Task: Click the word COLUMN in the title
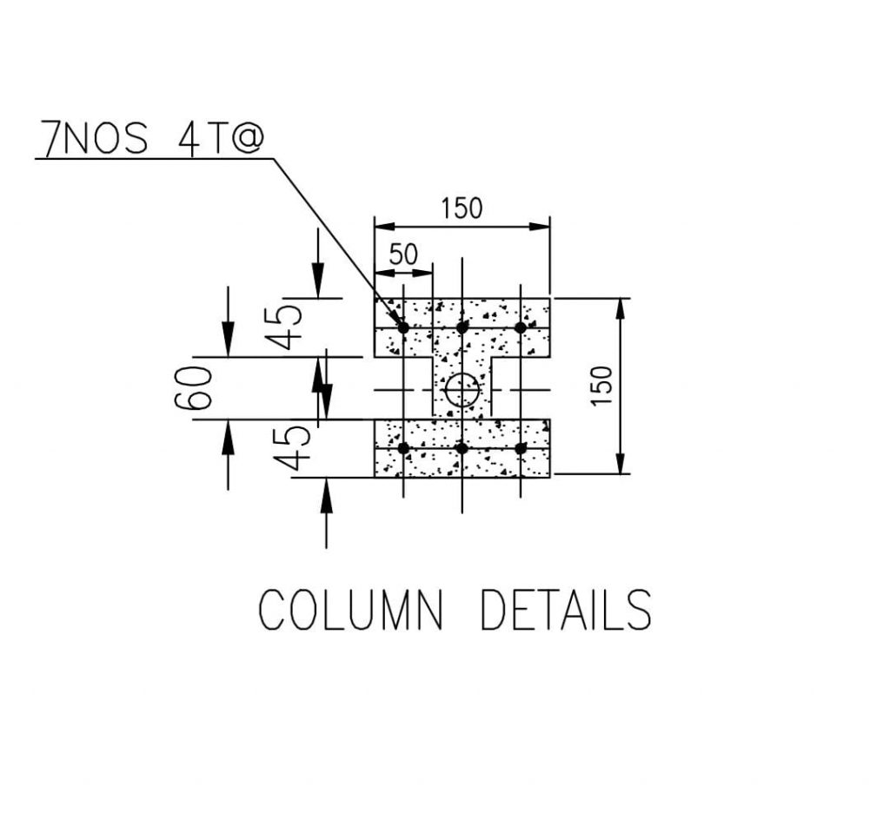click(350, 609)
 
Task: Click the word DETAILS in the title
click(566, 609)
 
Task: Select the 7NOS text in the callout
click(96, 138)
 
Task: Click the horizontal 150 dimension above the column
click(462, 208)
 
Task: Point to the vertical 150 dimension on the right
click(601, 386)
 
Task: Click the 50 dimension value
click(403, 254)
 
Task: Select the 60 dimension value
click(193, 388)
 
